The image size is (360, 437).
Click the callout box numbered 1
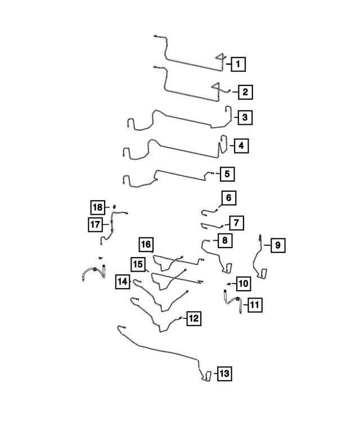click(238, 64)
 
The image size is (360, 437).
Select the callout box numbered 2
click(245, 92)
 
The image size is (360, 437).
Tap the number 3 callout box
click(245, 118)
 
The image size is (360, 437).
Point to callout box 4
click(241, 146)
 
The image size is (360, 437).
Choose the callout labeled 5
click(227, 174)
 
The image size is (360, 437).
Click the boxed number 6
click(229, 198)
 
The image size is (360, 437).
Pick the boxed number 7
click(236, 223)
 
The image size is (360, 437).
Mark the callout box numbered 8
click(225, 240)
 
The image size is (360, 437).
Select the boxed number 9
click(278, 245)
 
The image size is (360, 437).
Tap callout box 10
click(244, 283)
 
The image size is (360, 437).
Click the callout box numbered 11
click(255, 305)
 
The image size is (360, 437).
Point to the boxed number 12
click(194, 318)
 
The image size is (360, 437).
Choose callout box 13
click(224, 373)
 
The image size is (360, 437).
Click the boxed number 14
click(123, 281)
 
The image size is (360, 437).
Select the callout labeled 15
click(138, 264)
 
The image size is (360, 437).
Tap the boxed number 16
click(146, 245)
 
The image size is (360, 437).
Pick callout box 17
click(95, 224)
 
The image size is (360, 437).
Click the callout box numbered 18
click(98, 208)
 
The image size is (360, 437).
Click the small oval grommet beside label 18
click(114, 207)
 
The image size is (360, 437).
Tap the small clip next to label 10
click(229, 283)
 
